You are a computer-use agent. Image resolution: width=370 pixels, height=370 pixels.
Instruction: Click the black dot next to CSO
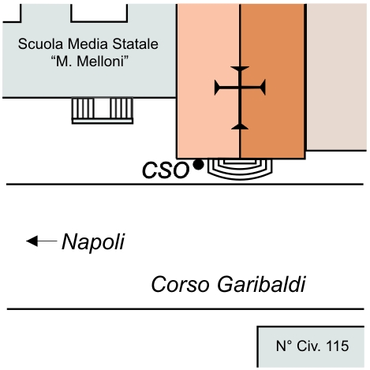point(198,165)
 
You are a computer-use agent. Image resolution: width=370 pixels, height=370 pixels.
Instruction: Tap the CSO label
point(166,170)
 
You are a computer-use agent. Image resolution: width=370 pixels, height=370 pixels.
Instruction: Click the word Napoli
point(93,242)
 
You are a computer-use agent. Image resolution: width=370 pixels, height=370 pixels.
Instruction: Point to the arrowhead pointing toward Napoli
point(32,241)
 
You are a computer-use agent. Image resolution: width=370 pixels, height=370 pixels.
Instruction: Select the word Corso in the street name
point(181,285)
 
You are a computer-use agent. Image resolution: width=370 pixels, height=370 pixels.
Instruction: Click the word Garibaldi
point(262,284)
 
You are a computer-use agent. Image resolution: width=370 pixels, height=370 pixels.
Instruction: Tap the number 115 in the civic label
point(338,346)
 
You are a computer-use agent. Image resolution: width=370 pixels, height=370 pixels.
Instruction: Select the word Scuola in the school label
point(41,43)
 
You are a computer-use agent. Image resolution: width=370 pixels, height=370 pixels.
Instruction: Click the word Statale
point(136,43)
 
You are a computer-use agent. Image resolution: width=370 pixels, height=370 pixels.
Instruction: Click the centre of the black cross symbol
point(240,87)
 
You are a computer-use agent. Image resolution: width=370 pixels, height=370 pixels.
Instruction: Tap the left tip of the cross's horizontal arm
point(216,88)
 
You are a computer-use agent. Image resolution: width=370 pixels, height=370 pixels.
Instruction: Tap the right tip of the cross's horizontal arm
point(263,87)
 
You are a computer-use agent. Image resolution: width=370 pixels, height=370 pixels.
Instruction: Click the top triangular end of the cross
point(240,69)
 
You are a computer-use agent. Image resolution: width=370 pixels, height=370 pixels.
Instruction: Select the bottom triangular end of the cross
point(240,127)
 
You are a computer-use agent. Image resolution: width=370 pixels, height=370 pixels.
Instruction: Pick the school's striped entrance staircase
point(103,110)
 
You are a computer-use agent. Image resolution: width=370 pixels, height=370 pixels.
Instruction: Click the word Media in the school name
point(88,43)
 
